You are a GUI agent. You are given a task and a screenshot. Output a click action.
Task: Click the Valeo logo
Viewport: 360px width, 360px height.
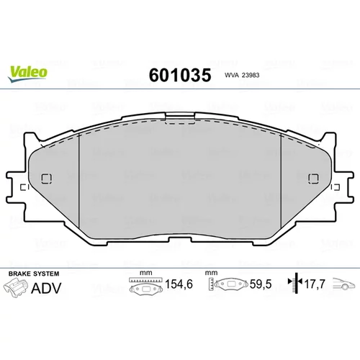tap(27, 73)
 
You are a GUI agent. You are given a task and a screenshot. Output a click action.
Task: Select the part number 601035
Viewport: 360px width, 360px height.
tap(180, 75)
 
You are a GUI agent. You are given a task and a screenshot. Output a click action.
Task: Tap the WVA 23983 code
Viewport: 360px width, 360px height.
tap(242, 75)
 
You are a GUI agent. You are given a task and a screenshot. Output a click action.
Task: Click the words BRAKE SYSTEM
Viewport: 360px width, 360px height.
tap(34, 274)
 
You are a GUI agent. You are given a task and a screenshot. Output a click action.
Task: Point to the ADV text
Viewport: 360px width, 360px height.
tap(46, 288)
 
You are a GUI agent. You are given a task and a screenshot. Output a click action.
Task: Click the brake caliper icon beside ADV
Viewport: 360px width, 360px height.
tap(16, 288)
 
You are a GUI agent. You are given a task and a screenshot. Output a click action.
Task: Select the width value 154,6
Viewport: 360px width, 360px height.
tap(179, 284)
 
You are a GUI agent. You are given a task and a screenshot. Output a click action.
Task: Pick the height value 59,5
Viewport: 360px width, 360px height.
tap(261, 284)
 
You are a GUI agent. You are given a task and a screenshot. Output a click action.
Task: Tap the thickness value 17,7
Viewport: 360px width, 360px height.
tap(315, 284)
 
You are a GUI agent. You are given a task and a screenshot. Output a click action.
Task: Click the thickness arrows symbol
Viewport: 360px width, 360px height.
tap(295, 283)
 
